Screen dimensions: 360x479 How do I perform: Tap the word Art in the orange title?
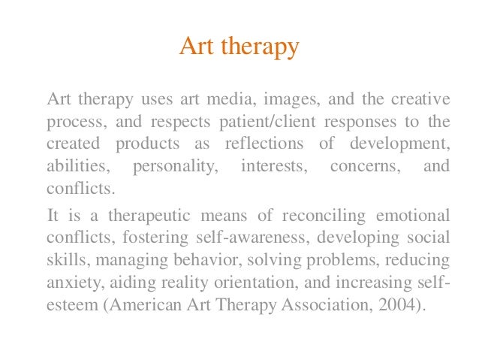tap(194, 47)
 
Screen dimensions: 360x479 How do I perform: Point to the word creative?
tap(421, 100)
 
